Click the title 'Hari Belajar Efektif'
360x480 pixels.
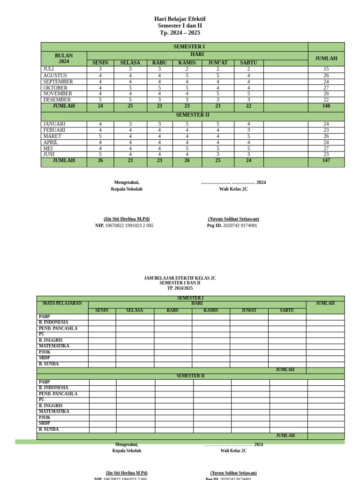(x=180, y=19)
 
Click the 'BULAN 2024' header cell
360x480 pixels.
(x=64, y=59)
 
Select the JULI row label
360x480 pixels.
(x=49, y=69)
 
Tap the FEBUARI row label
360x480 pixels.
(x=54, y=130)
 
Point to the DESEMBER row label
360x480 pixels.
(x=57, y=99)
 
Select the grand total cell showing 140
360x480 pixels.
(x=326, y=106)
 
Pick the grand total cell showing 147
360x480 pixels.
(x=326, y=160)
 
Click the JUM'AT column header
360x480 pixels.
(x=218, y=63)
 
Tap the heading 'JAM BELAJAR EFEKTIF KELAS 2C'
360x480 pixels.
(x=180, y=278)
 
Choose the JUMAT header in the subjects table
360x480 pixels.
(x=249, y=310)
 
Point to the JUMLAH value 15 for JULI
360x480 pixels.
(x=326, y=69)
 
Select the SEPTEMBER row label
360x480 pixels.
(x=58, y=82)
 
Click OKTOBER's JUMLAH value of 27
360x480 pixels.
(x=326, y=88)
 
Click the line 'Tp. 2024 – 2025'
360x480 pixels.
(x=180, y=33)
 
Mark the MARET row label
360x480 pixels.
(x=52, y=136)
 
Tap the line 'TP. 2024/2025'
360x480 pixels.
(x=180, y=288)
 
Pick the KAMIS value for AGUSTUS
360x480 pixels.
(x=187, y=75)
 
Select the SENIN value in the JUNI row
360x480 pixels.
(x=100, y=154)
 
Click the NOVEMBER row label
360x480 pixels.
(x=57, y=93)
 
